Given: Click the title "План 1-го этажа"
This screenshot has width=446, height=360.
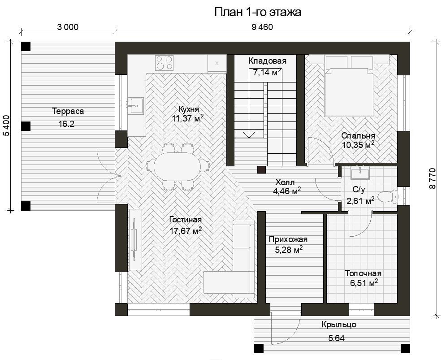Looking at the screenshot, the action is pos(258,12).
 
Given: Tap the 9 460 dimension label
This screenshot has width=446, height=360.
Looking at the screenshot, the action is pos(262,27).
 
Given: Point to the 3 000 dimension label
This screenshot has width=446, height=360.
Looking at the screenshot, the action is pos(68,27).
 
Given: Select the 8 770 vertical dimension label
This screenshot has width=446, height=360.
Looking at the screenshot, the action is pos(432,178).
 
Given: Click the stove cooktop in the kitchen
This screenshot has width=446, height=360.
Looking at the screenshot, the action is pos(164,63).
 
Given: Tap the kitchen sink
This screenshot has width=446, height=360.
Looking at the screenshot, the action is pos(135,106).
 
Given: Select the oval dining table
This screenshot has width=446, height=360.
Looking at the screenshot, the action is pos(177,167).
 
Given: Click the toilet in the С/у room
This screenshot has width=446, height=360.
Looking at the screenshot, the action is pos(388,196).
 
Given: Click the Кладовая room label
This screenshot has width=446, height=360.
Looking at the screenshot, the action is pos(267,61).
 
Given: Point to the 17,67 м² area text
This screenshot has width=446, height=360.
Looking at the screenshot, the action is pos(186,230).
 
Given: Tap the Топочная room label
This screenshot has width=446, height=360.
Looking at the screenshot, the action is pos(363,273).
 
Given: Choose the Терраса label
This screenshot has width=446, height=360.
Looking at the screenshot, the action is pos(68,111).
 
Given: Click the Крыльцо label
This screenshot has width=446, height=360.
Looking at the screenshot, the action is pos(339,325).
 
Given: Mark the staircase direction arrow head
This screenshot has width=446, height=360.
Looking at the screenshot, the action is pos(249,134).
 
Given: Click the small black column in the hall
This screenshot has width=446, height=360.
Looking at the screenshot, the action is pos(262,170).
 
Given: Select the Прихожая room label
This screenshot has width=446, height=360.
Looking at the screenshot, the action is pos(288,239).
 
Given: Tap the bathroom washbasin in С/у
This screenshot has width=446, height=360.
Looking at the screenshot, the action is pos(360,173).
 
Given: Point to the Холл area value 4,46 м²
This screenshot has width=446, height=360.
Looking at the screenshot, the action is pos(287,191).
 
